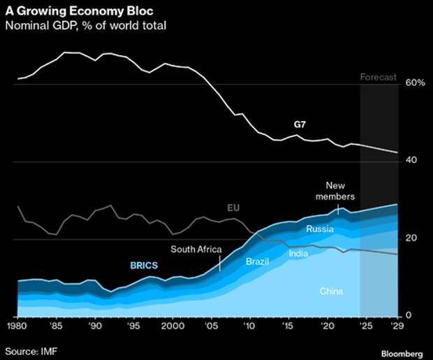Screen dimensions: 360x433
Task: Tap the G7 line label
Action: pyautogui.click(x=300, y=124)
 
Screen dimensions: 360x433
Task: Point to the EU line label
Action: pyautogui.click(x=234, y=208)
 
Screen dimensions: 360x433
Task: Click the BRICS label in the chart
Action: pyautogui.click(x=145, y=266)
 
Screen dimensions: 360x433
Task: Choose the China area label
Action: pyautogui.click(x=331, y=290)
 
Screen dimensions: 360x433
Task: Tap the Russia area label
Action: pyautogui.click(x=320, y=229)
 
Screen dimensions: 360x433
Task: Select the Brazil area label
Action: pyautogui.click(x=258, y=261)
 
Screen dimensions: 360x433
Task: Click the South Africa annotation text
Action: pyautogui.click(x=196, y=249)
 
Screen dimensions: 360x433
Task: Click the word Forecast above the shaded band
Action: pyautogui.click(x=378, y=77)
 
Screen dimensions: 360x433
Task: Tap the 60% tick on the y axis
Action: pyautogui.click(x=415, y=83)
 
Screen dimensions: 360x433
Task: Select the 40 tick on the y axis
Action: pyautogui.click(x=411, y=161)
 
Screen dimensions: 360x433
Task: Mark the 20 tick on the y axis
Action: pyautogui.click(x=411, y=238)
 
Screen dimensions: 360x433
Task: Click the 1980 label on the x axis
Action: pyautogui.click(x=17, y=326)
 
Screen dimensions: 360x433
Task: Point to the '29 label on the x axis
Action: pyautogui.click(x=398, y=326)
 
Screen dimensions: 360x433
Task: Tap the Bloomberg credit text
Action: pyautogui.click(x=403, y=349)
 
